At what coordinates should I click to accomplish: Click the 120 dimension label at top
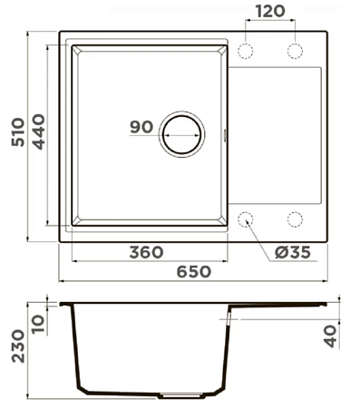(270, 11)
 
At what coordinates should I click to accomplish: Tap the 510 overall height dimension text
(18, 132)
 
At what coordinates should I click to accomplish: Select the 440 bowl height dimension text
(39, 131)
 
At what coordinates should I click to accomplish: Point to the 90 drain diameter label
(141, 127)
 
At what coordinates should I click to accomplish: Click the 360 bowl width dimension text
(147, 252)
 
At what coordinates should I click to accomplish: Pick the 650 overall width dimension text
(194, 271)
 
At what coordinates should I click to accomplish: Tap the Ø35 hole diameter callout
(293, 252)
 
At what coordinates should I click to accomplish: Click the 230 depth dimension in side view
(18, 346)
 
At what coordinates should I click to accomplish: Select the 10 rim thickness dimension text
(39, 324)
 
